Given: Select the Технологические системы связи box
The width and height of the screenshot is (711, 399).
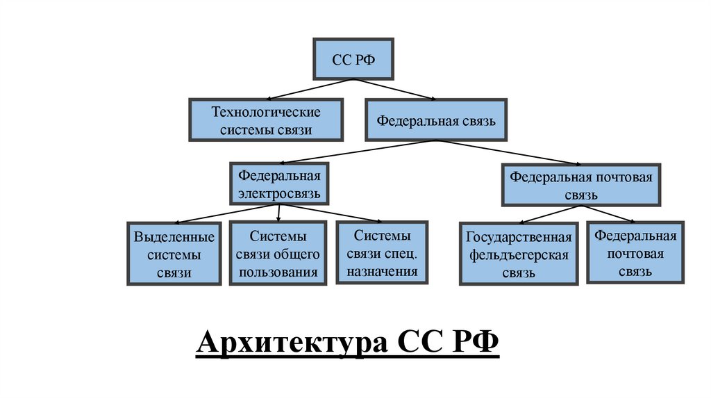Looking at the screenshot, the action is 266,120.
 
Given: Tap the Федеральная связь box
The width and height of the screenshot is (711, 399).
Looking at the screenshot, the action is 435,120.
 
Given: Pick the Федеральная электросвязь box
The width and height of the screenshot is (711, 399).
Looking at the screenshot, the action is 279,184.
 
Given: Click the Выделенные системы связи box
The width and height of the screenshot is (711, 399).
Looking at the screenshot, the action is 174,254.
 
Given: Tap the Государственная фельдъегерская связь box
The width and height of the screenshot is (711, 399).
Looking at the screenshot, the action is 518,254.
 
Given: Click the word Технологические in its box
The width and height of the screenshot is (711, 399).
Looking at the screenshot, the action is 265,111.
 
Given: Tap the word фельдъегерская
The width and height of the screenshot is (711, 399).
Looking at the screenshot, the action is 518,254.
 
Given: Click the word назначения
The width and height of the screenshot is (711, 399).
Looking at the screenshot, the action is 382,271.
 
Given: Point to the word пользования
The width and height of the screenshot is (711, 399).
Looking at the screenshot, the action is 278,271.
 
